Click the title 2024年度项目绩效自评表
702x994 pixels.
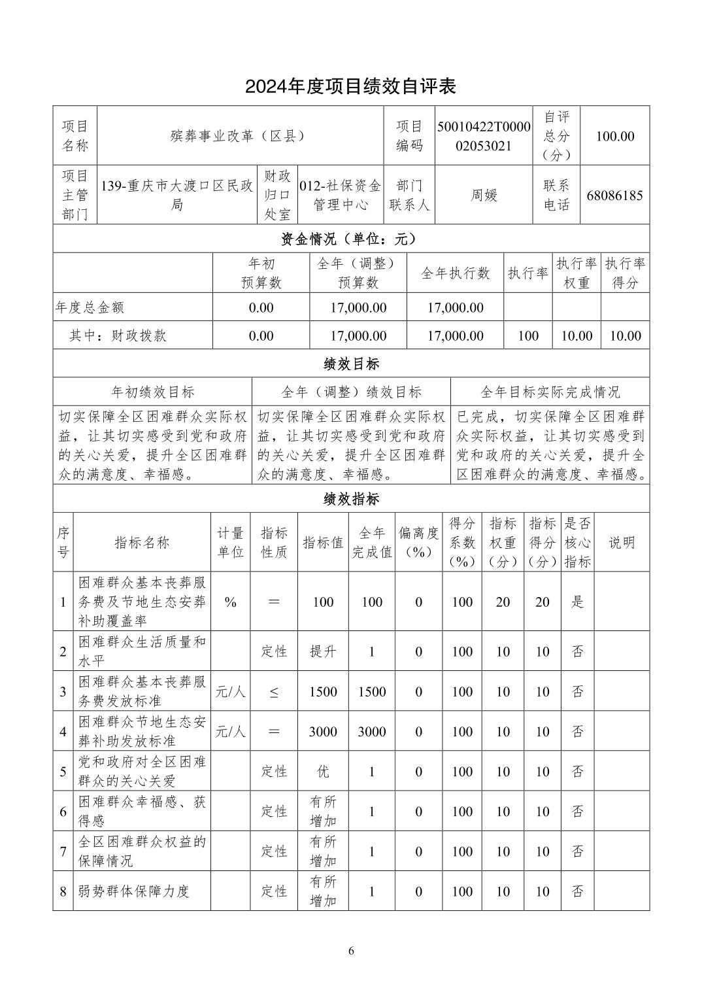(x=350, y=86)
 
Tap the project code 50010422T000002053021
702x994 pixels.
(x=484, y=136)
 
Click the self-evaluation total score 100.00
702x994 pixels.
(x=614, y=136)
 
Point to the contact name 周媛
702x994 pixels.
(x=484, y=195)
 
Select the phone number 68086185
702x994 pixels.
(x=614, y=195)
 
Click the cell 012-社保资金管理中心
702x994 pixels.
(x=340, y=195)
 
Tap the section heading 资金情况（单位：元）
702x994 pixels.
(x=350, y=239)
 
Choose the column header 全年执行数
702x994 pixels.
(x=455, y=273)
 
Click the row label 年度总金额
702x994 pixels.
(x=90, y=307)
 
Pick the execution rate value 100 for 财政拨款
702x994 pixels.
(x=527, y=336)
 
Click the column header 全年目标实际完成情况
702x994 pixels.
(x=550, y=392)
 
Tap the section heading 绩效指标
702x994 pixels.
(x=350, y=499)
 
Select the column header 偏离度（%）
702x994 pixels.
(x=418, y=542)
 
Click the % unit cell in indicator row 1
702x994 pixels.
(x=230, y=602)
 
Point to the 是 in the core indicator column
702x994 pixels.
(x=577, y=602)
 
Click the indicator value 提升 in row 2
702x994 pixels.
(x=323, y=652)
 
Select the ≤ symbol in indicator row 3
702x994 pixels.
(x=274, y=692)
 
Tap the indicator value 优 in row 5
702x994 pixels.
(x=323, y=772)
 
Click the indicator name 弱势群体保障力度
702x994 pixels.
(x=134, y=891)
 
